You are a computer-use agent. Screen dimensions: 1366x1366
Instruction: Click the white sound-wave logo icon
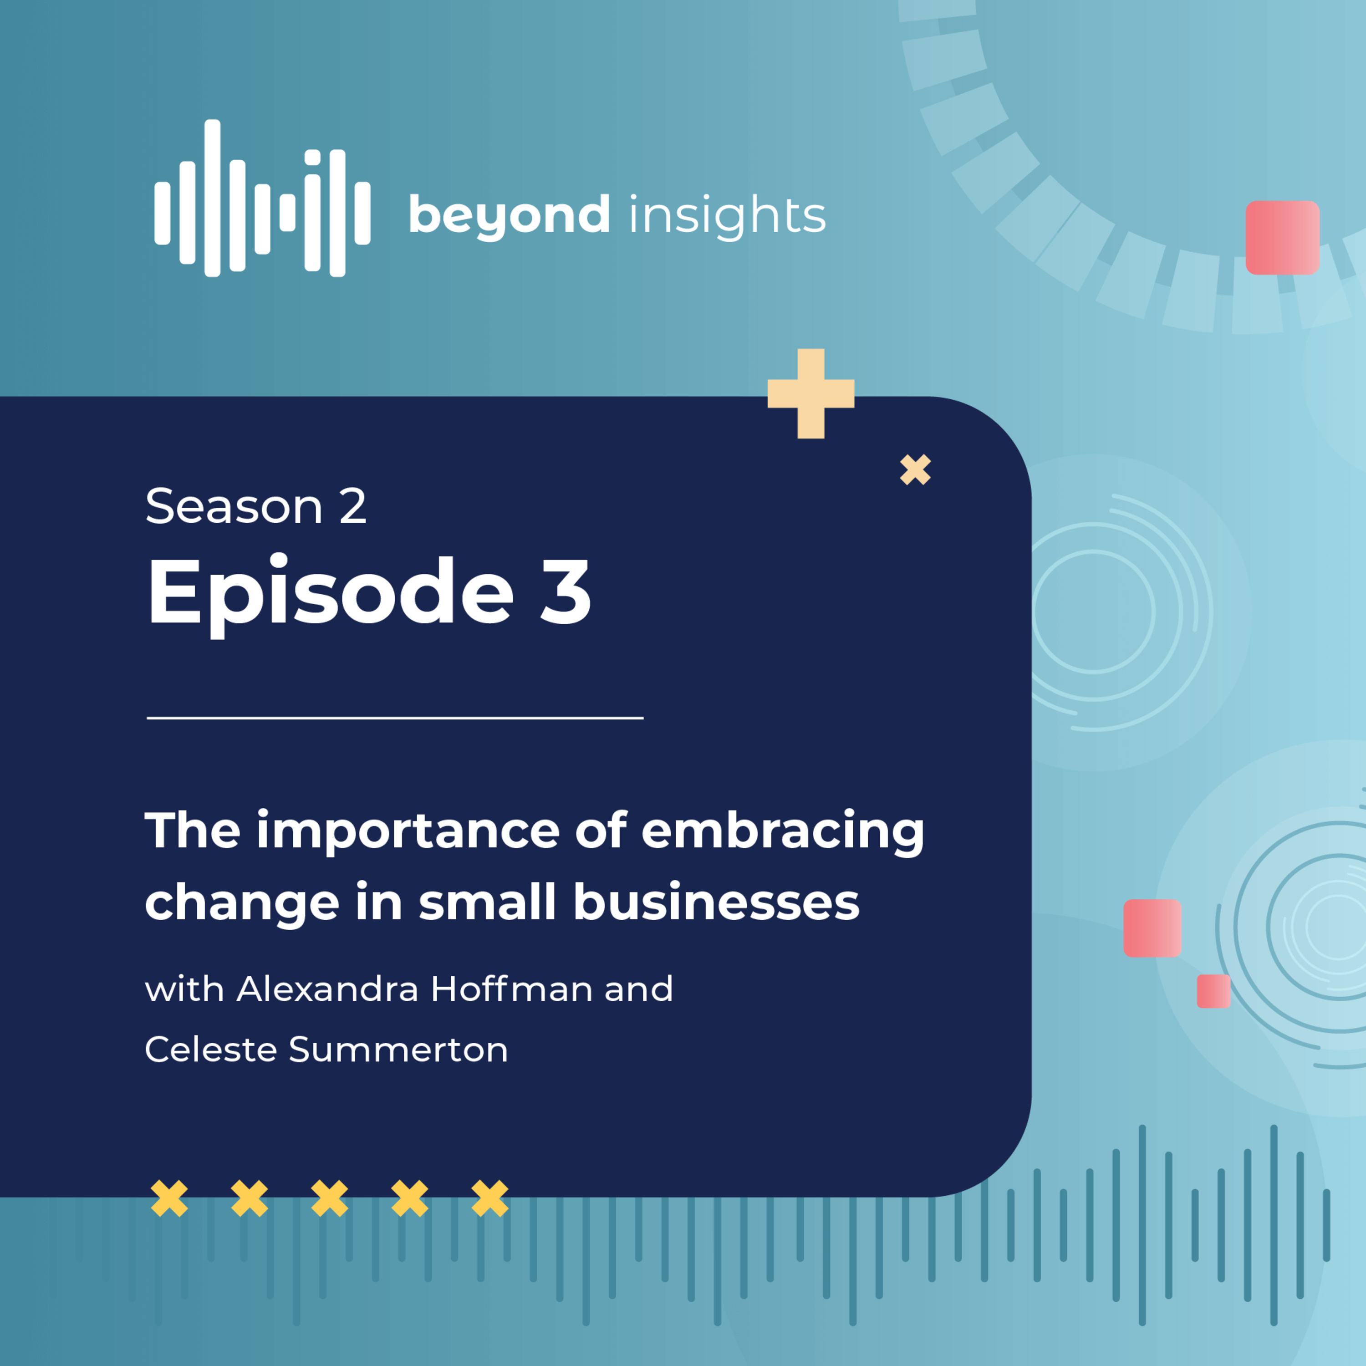click(x=262, y=198)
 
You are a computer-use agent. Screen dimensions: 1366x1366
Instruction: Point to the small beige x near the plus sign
click(x=916, y=470)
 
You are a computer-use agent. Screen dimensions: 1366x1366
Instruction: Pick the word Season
click(x=234, y=506)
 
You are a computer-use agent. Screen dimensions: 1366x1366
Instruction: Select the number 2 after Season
click(x=353, y=506)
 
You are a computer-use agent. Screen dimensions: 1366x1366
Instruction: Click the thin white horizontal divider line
click(x=395, y=718)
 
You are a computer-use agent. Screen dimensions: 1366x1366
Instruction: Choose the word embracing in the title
click(x=783, y=832)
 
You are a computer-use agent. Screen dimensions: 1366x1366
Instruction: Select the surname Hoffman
click(x=512, y=989)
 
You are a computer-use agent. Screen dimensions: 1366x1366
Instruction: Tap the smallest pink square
click(x=1214, y=991)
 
